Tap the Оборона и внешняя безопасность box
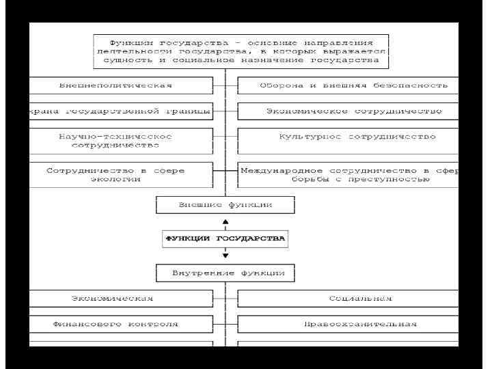click(348, 85)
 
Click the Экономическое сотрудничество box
click(348, 111)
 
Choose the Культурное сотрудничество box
click(348, 141)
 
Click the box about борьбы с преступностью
click(348, 174)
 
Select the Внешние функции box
click(225, 204)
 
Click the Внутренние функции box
click(225, 273)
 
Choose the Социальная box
click(348, 299)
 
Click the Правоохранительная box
click(348, 324)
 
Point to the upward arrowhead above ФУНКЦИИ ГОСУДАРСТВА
click(225, 223)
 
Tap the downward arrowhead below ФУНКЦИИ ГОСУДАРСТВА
click(225, 256)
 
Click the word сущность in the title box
click(122, 60)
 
